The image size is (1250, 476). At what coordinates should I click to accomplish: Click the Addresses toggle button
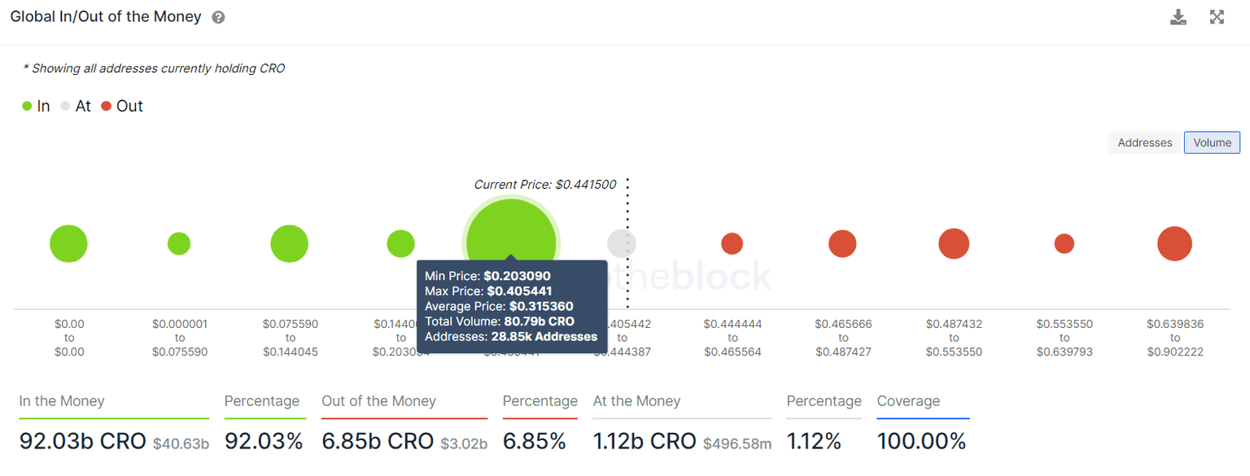[x=1144, y=142]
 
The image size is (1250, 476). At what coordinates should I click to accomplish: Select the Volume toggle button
[x=1212, y=142]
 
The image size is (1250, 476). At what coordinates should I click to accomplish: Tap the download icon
[x=1178, y=17]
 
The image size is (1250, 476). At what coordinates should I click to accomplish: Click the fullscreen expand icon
[x=1217, y=17]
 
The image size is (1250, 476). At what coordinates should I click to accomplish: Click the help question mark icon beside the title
[x=218, y=17]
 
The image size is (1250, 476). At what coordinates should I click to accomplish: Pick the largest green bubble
[x=511, y=243]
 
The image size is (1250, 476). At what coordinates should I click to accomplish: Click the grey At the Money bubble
[x=622, y=243]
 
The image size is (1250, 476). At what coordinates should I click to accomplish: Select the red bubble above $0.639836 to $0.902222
[x=1174, y=243]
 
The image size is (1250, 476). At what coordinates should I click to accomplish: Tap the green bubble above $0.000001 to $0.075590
[x=179, y=243]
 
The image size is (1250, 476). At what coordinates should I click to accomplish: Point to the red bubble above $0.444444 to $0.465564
[x=732, y=243]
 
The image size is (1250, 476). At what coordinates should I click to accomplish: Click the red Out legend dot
[x=107, y=106]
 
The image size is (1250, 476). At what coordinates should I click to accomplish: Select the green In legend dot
[x=27, y=106]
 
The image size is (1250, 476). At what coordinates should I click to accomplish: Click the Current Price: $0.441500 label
[x=544, y=185]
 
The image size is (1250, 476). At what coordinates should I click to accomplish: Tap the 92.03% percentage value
[x=264, y=442]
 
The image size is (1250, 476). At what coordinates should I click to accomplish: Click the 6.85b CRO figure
[x=378, y=442]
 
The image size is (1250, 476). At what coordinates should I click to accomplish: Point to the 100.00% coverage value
[x=921, y=442]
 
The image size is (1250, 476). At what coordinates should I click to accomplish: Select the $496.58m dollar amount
[x=738, y=443]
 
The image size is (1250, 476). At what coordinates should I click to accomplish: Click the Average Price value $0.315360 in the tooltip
[x=541, y=307]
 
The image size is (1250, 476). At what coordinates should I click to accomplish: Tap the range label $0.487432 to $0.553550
[x=954, y=338]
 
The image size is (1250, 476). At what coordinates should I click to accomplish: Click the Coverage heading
[x=908, y=401]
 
